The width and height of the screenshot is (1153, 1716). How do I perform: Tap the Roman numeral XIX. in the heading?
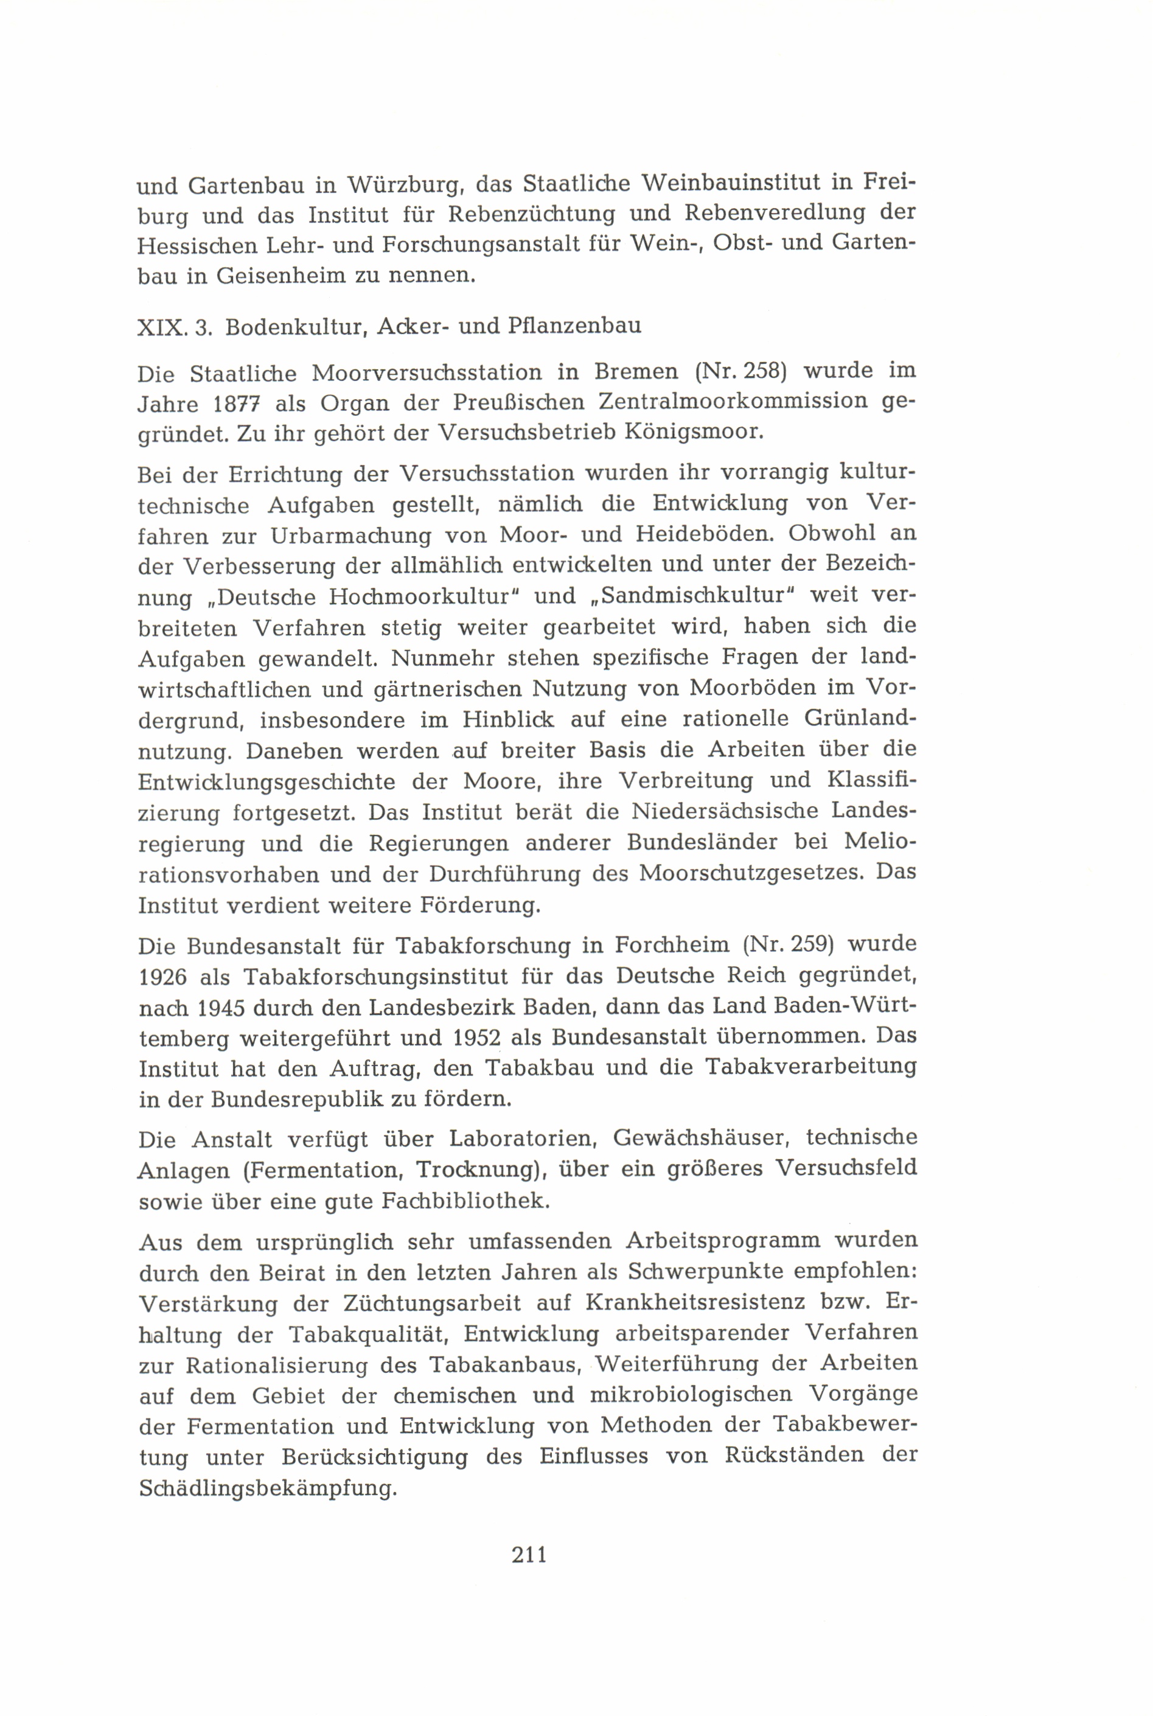pyautogui.click(x=161, y=327)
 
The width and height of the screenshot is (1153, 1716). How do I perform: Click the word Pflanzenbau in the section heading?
pyautogui.click(x=574, y=326)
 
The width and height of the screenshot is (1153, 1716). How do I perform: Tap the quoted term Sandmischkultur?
pyautogui.click(x=691, y=596)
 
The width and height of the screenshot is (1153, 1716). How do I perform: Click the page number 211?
pyautogui.click(x=529, y=1555)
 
